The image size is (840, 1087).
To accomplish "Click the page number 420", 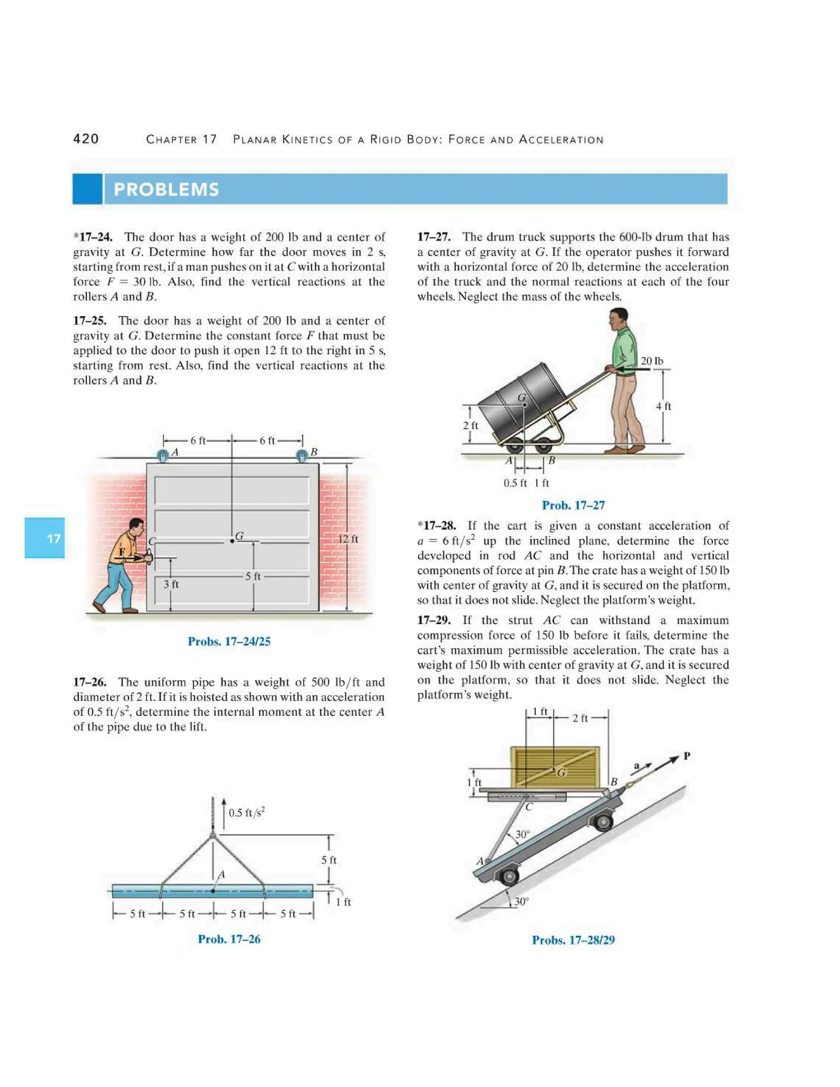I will coord(86,139).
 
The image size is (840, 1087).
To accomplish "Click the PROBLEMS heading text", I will coord(166,190).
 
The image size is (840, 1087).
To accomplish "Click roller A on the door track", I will coord(163,455).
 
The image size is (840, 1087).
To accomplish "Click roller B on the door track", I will coord(301,455).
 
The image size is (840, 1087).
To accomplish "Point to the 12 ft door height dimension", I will coord(348,539).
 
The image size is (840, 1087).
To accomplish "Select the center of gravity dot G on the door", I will coord(232,541).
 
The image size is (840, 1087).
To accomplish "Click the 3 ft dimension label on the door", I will coord(171,584).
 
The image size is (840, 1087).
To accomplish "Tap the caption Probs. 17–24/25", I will coord(229,642).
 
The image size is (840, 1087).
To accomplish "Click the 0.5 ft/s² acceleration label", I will coord(247,812).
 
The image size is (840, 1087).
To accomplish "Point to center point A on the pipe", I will coord(213,891).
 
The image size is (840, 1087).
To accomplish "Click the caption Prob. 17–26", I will coord(229,939).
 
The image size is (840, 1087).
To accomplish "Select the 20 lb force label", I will coord(651,361).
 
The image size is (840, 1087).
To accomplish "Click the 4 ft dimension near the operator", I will coord(663,406).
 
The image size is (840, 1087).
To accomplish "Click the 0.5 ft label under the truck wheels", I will coord(515,483).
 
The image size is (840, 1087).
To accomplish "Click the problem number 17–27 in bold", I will coord(434,237).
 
